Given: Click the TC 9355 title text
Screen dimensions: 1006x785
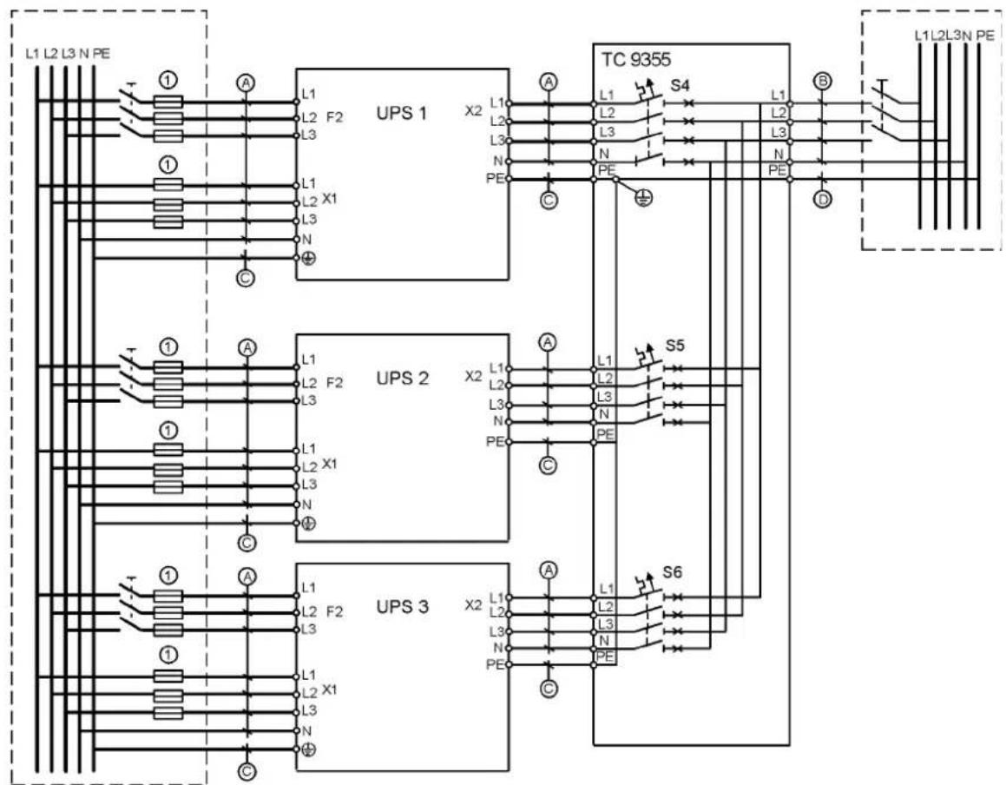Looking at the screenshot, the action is [x=636, y=60].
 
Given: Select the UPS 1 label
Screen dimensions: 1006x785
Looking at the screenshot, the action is [x=402, y=114].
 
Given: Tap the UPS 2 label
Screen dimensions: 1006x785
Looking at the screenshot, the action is [x=402, y=378].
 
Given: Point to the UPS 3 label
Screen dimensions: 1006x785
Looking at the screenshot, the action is [x=402, y=607].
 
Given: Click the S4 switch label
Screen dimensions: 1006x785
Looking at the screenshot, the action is [x=681, y=85].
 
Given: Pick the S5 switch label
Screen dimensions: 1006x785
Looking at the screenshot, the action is [x=675, y=346].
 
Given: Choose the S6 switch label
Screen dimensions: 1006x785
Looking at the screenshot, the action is [x=673, y=572].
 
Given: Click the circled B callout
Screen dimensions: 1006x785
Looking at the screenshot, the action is [x=823, y=81].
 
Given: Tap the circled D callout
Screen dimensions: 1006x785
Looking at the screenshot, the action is [x=823, y=200].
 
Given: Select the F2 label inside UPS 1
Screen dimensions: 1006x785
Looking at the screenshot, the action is [x=335, y=117].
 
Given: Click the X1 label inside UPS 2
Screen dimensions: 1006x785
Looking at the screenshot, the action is [x=329, y=464].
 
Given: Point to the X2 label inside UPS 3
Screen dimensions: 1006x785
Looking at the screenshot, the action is [x=473, y=605].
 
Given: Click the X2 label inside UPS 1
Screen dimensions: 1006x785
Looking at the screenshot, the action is [x=473, y=110].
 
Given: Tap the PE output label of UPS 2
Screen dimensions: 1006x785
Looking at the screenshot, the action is [x=496, y=442].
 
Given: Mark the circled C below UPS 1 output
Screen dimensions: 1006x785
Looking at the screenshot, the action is [x=548, y=201].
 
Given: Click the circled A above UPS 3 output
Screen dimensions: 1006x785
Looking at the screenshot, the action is [x=548, y=570].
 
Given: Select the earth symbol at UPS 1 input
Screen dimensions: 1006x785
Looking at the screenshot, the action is [x=308, y=257].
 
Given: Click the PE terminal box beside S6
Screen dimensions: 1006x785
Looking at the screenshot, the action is [x=605, y=656].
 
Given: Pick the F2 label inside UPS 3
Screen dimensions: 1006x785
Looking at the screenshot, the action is [x=335, y=611].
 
